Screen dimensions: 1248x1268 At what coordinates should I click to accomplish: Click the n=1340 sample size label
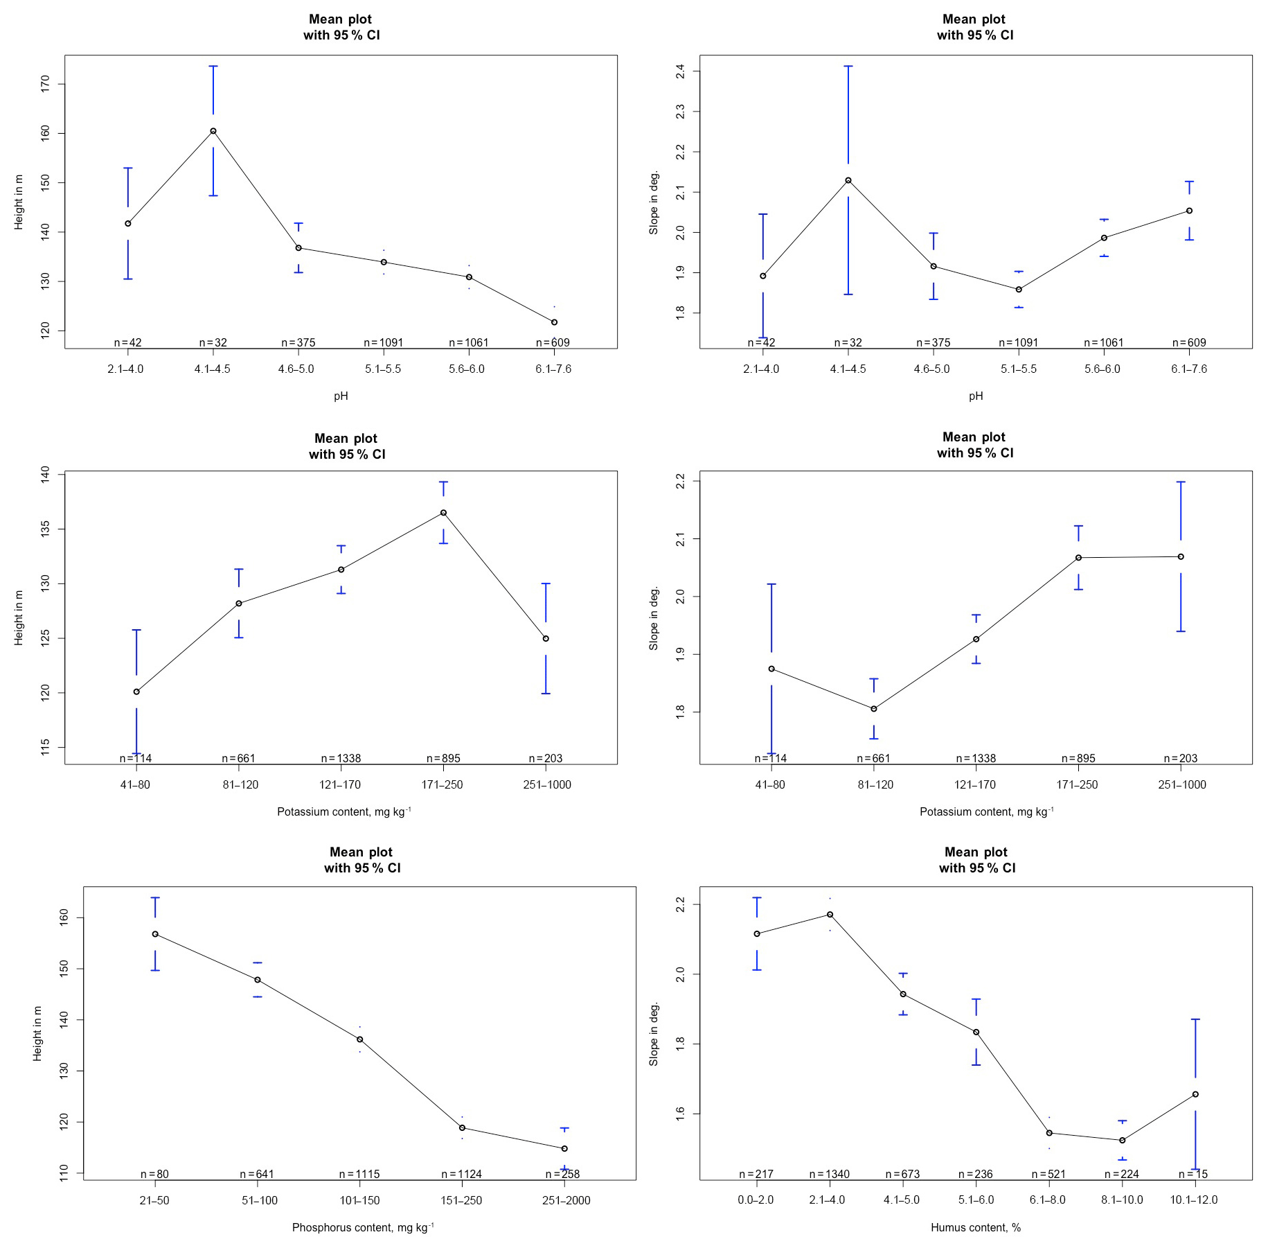click(829, 1174)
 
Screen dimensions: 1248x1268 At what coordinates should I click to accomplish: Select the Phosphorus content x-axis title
click(363, 1227)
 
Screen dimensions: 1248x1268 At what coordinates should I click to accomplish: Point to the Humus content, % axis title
click(975, 1227)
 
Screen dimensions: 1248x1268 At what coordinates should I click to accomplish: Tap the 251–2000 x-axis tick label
click(566, 1200)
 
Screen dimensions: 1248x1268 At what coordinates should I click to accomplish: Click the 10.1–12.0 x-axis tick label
click(1193, 1199)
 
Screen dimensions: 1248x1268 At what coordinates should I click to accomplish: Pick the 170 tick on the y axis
click(46, 85)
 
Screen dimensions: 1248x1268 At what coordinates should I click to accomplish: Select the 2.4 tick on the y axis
click(680, 71)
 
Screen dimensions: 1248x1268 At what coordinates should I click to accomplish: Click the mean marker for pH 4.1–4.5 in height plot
click(213, 131)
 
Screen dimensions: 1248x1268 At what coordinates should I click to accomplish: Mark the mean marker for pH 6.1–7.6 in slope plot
click(1189, 211)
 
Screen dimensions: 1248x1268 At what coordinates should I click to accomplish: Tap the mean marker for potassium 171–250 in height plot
click(443, 513)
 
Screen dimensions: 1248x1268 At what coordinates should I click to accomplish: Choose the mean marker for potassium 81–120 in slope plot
click(874, 709)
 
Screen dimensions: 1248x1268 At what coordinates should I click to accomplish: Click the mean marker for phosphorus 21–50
click(155, 934)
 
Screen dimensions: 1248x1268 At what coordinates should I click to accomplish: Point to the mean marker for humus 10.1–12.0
click(1195, 1094)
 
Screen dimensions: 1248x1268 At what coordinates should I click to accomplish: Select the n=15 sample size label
click(1193, 1174)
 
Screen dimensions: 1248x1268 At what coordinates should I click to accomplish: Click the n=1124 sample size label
click(461, 1174)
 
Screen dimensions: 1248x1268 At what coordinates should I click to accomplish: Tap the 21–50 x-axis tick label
click(154, 1200)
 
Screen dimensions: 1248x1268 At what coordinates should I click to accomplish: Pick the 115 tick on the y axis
click(46, 747)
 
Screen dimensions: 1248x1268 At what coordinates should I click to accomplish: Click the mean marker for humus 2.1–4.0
click(830, 915)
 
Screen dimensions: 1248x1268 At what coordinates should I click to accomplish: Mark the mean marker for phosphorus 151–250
click(462, 1127)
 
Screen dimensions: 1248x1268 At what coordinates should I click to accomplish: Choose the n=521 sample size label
click(1048, 1174)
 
